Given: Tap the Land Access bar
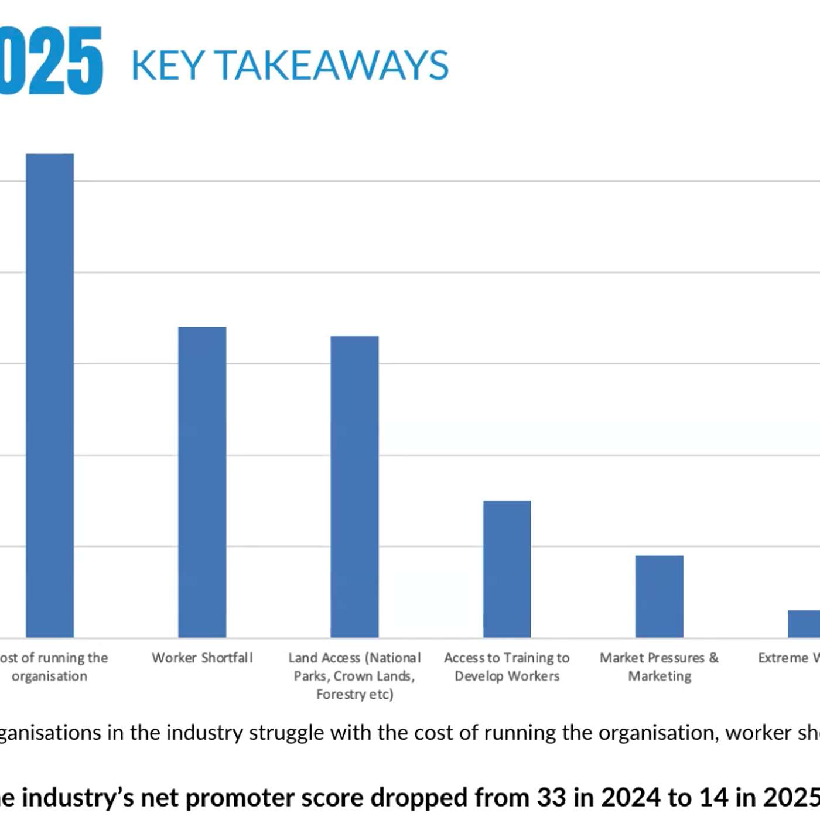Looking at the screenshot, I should [x=354, y=486].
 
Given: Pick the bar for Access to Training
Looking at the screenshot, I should [x=507, y=569].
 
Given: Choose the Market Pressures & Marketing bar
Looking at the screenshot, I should [x=659, y=596].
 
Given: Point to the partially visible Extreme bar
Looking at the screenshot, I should [x=804, y=623].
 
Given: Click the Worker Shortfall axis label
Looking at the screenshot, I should [x=202, y=658].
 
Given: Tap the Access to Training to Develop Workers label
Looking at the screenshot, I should [x=507, y=667].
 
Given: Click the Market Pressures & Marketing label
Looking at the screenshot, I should [x=659, y=667].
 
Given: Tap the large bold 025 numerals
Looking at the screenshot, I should [x=50, y=60].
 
